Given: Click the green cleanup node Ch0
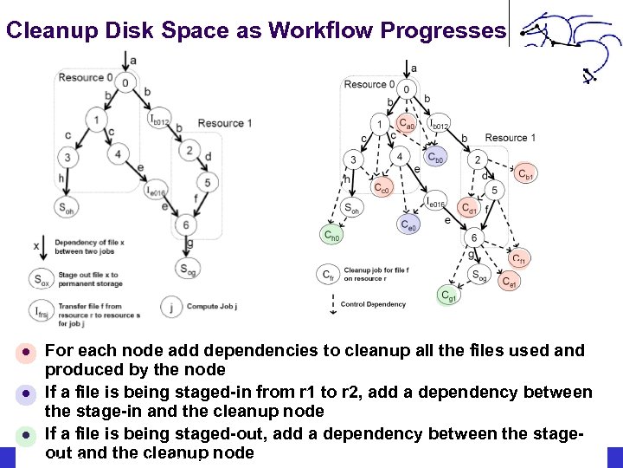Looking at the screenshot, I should [331, 234].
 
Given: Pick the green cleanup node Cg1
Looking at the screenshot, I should [448, 296].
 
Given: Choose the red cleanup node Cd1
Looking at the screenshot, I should [467, 207].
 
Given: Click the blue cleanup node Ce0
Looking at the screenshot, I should [409, 225].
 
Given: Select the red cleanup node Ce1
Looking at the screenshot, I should [509, 282].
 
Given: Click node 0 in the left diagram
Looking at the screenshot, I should [126, 83].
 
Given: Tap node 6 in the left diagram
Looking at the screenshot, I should [184, 225].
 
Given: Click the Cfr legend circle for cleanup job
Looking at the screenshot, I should [328, 274].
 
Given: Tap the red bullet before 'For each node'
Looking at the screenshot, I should [27, 352].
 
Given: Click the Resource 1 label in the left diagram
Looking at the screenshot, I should [224, 123].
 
